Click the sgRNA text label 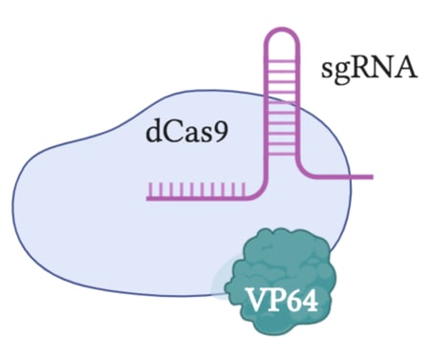point(372,69)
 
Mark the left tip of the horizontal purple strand point(148,199)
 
